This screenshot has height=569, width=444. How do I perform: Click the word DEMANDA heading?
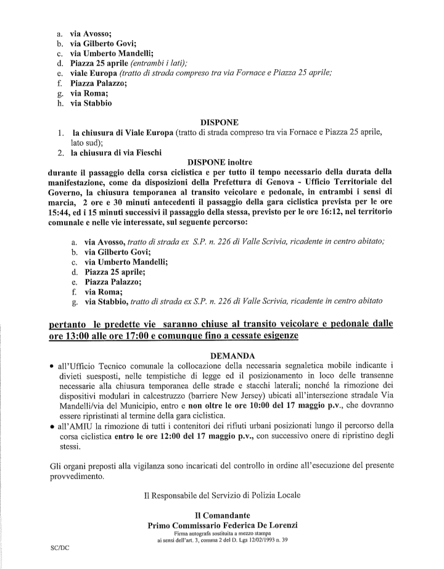point(221,356)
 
